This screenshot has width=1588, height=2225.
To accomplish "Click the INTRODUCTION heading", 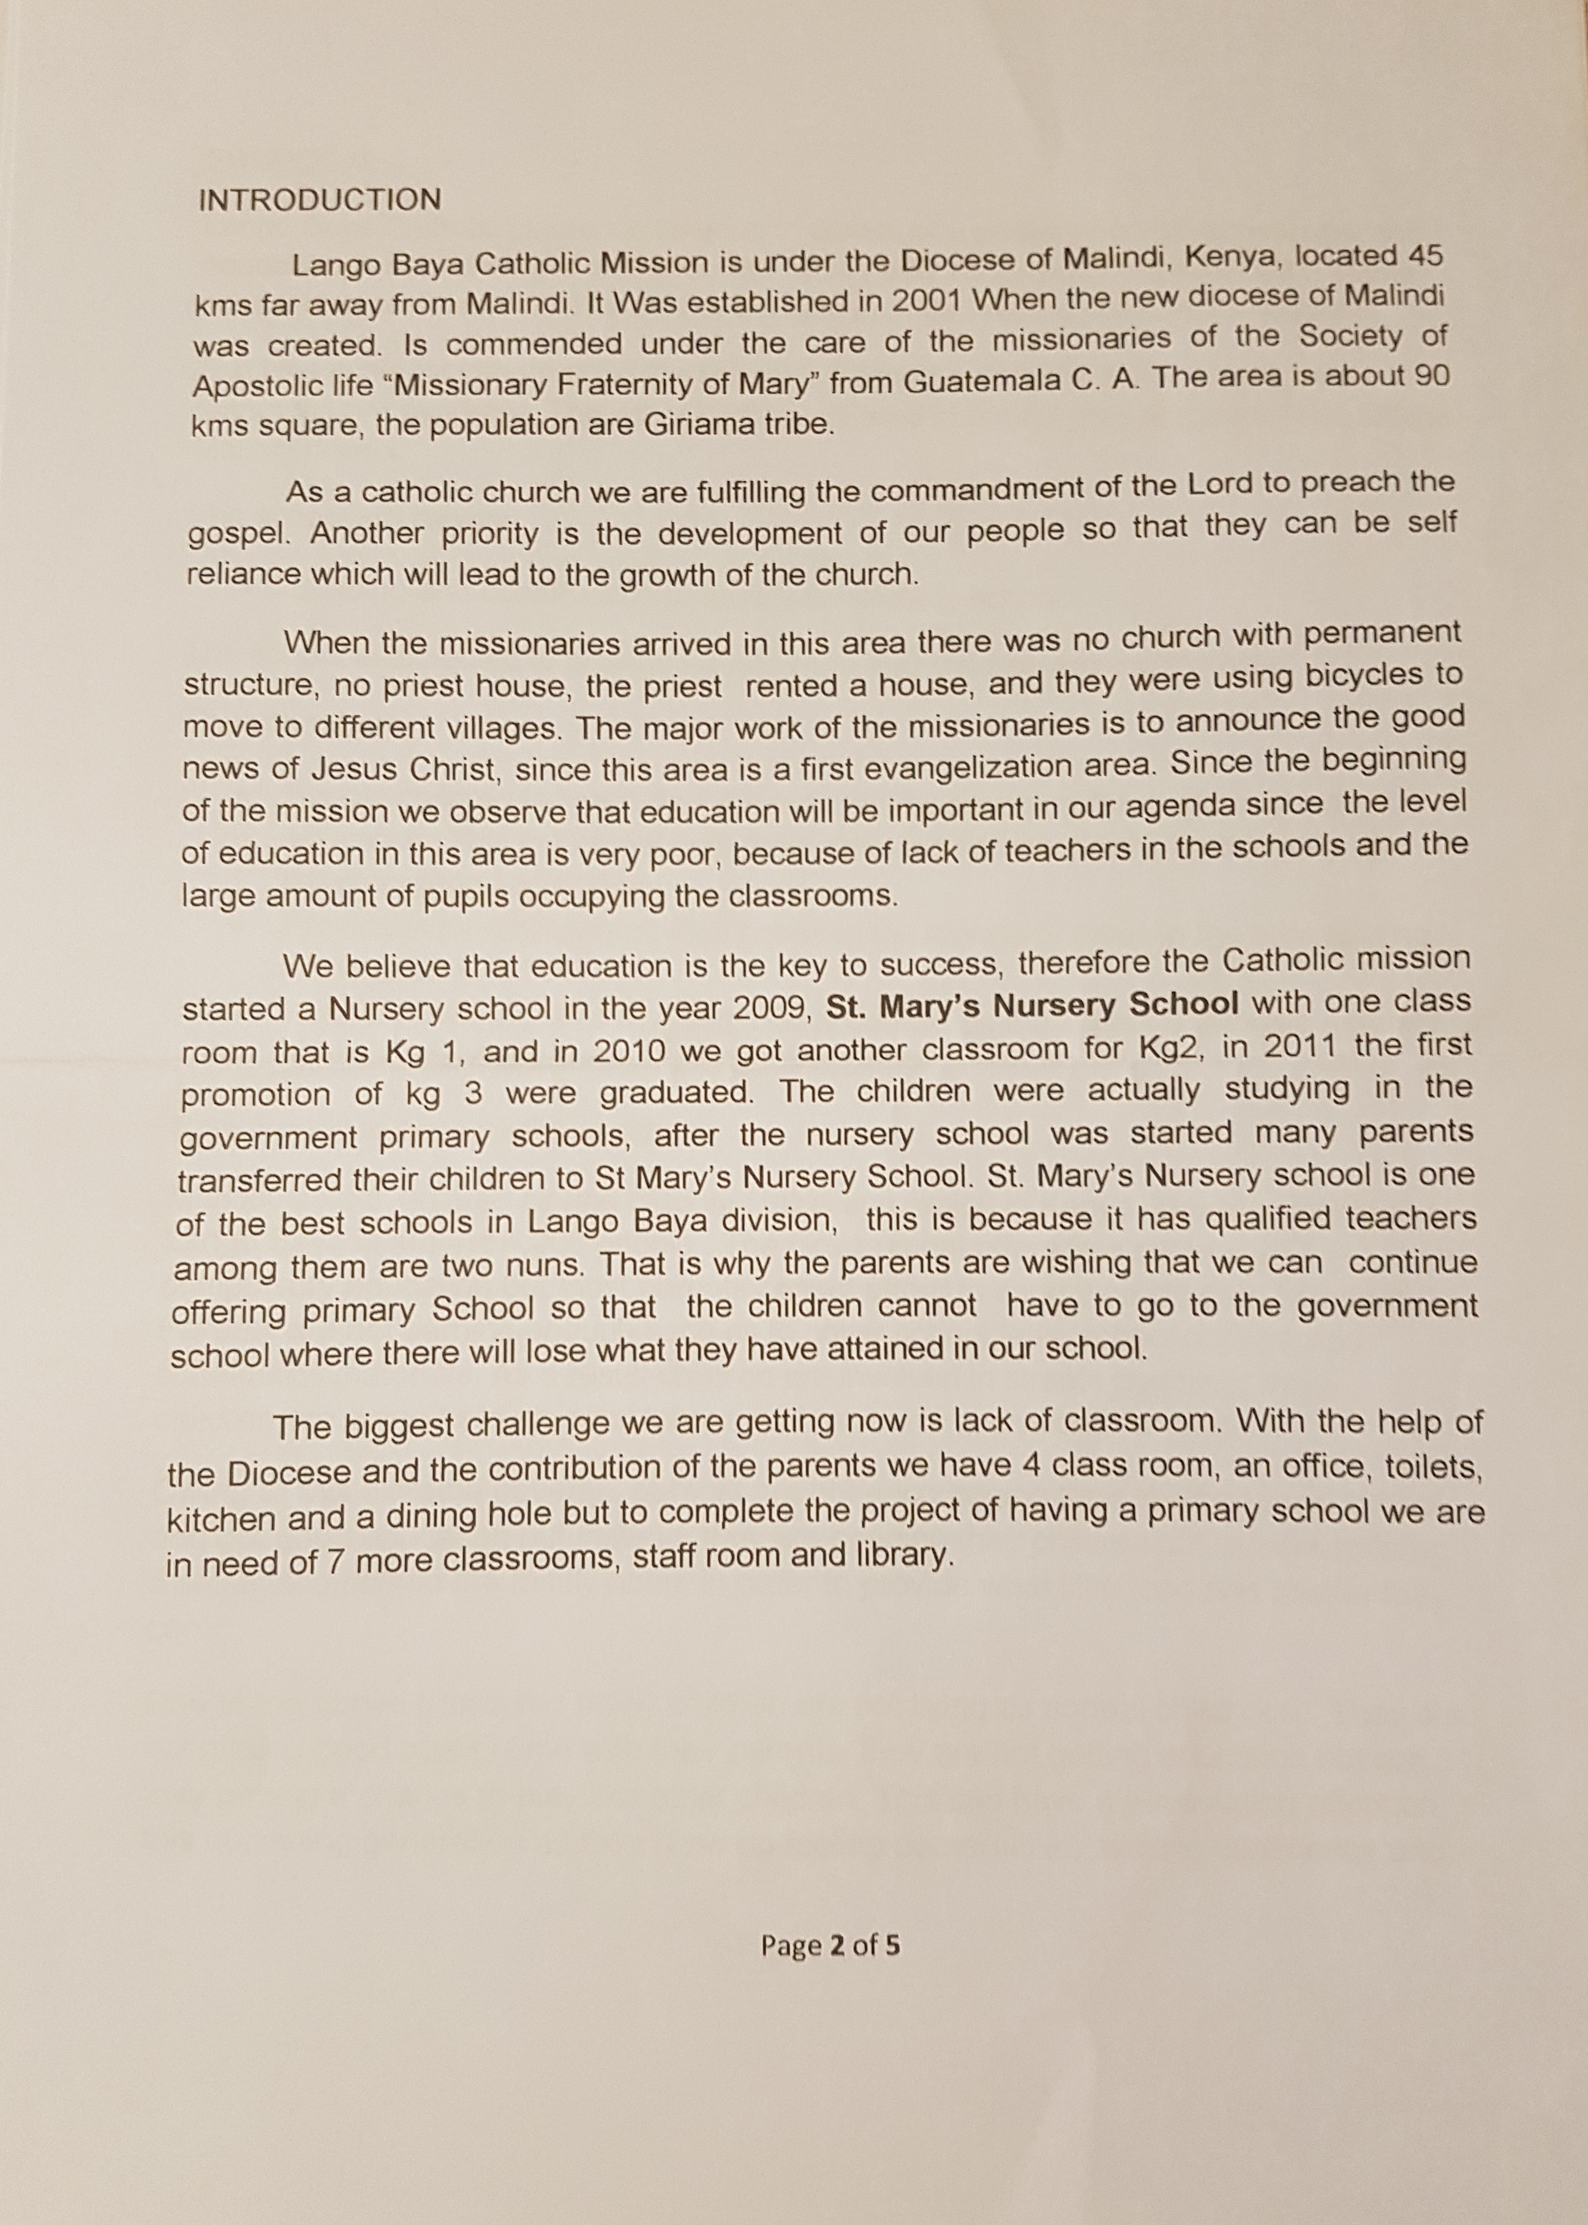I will coord(319,200).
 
